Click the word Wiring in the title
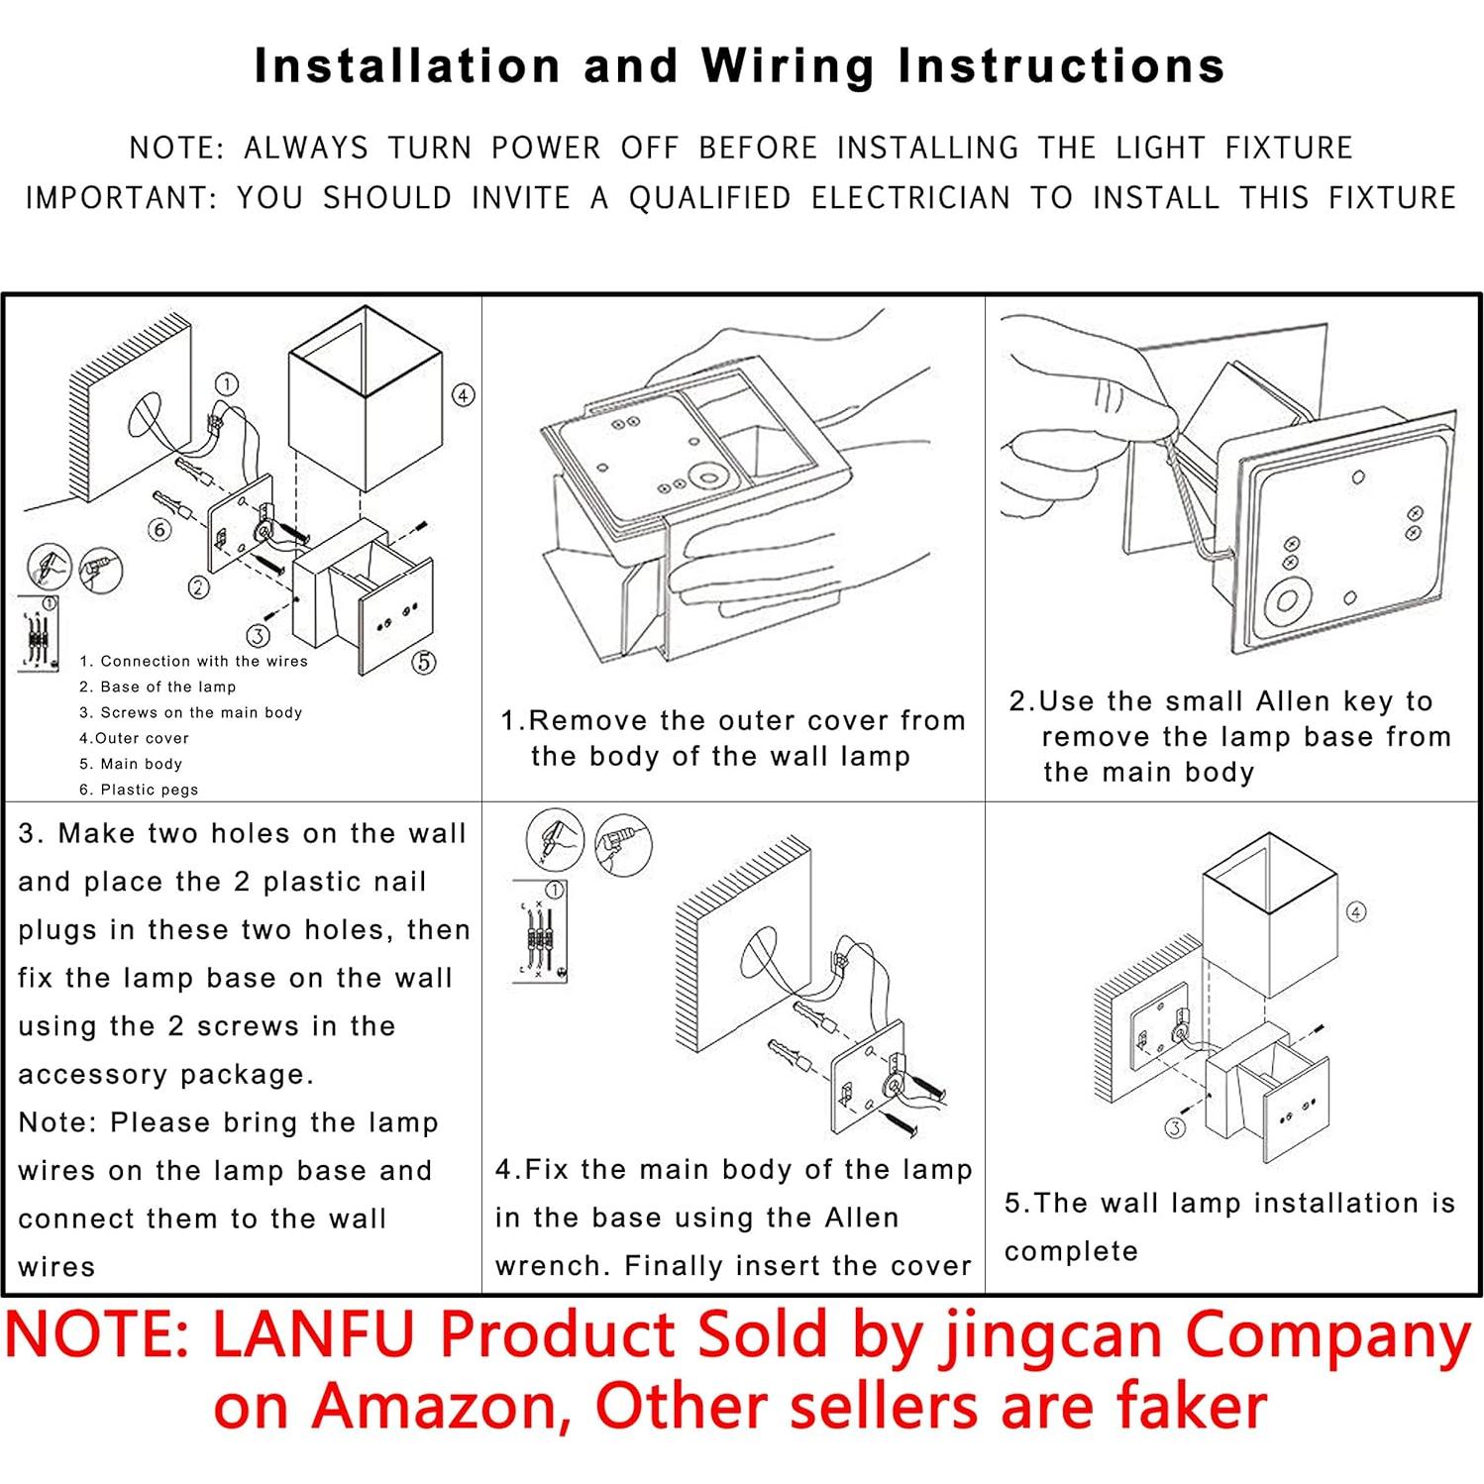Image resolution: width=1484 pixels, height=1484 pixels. [x=788, y=67]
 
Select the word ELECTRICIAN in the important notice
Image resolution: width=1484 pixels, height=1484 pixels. [x=910, y=198]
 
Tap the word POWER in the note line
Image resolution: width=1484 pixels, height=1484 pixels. [x=546, y=148]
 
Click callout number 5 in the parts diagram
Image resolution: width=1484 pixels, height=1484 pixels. [x=423, y=662]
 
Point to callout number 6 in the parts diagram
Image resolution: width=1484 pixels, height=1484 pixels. [x=159, y=530]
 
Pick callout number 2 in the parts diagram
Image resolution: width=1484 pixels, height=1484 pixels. [x=199, y=587]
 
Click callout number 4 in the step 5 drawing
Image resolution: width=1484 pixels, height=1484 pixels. [x=1356, y=911]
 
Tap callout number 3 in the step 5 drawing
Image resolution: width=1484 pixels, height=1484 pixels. [x=1175, y=1127]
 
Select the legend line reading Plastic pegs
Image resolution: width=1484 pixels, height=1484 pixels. [x=139, y=790]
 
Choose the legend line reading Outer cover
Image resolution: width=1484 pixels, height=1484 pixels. [x=134, y=738]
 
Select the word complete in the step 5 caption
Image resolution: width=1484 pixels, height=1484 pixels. [x=1071, y=1251]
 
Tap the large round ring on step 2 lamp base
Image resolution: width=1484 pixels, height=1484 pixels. [x=1289, y=601]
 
